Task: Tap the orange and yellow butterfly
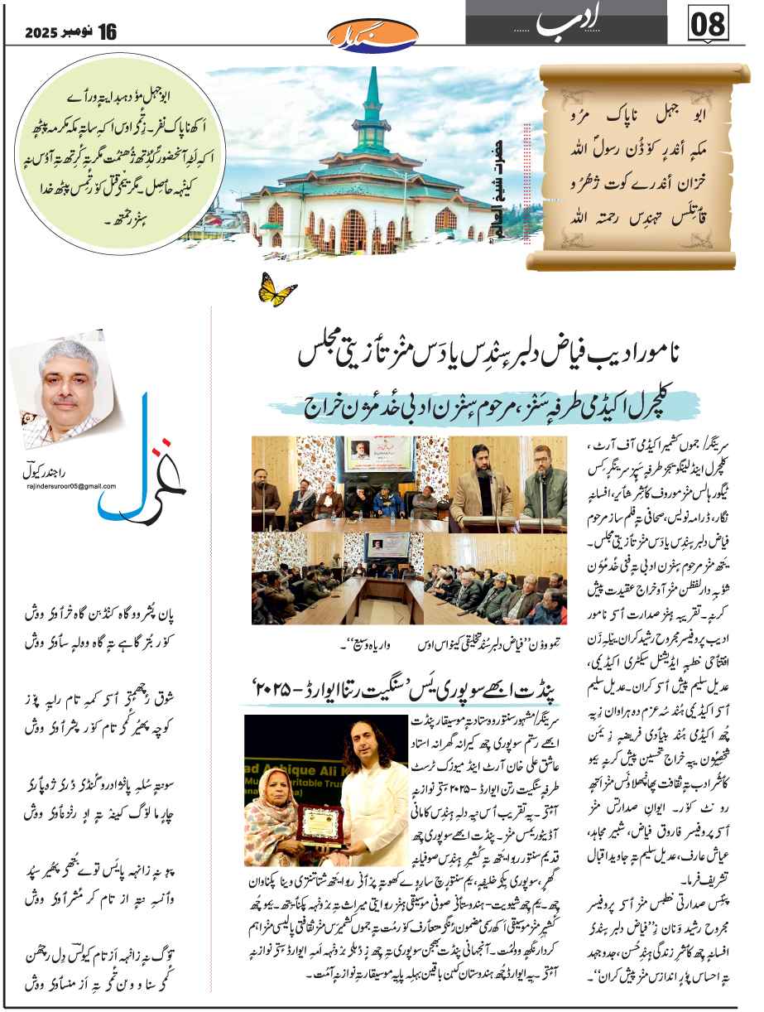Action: click(x=278, y=289)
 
